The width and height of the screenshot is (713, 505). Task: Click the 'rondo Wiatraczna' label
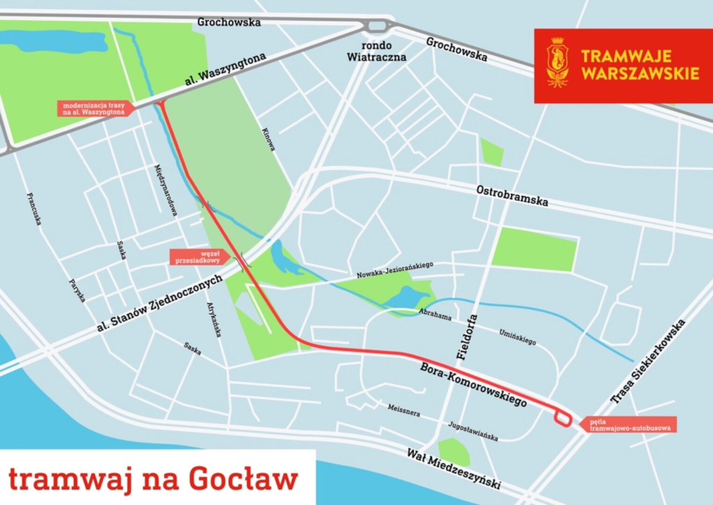coord(376,51)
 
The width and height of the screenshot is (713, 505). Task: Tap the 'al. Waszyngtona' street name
coord(226,69)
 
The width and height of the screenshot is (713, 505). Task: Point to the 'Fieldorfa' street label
coord(467,337)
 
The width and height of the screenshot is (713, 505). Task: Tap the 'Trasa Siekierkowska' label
coord(648,361)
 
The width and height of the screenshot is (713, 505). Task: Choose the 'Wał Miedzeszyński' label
coord(453,468)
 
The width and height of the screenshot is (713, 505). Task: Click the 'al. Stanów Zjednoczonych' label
coord(159,303)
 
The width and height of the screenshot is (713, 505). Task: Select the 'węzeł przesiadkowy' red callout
coord(198,257)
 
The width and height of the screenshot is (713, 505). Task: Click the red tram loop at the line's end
coord(563,418)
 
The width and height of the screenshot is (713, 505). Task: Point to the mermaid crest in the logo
coord(557,61)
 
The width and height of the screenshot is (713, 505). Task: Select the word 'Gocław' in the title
coord(243,479)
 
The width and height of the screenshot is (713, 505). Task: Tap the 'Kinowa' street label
coord(269,139)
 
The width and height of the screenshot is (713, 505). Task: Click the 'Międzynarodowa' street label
coord(166,190)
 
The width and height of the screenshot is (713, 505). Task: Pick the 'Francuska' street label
coord(34,209)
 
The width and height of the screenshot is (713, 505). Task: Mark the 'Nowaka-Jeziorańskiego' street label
coord(395,270)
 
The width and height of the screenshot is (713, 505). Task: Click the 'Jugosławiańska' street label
coord(473,431)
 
